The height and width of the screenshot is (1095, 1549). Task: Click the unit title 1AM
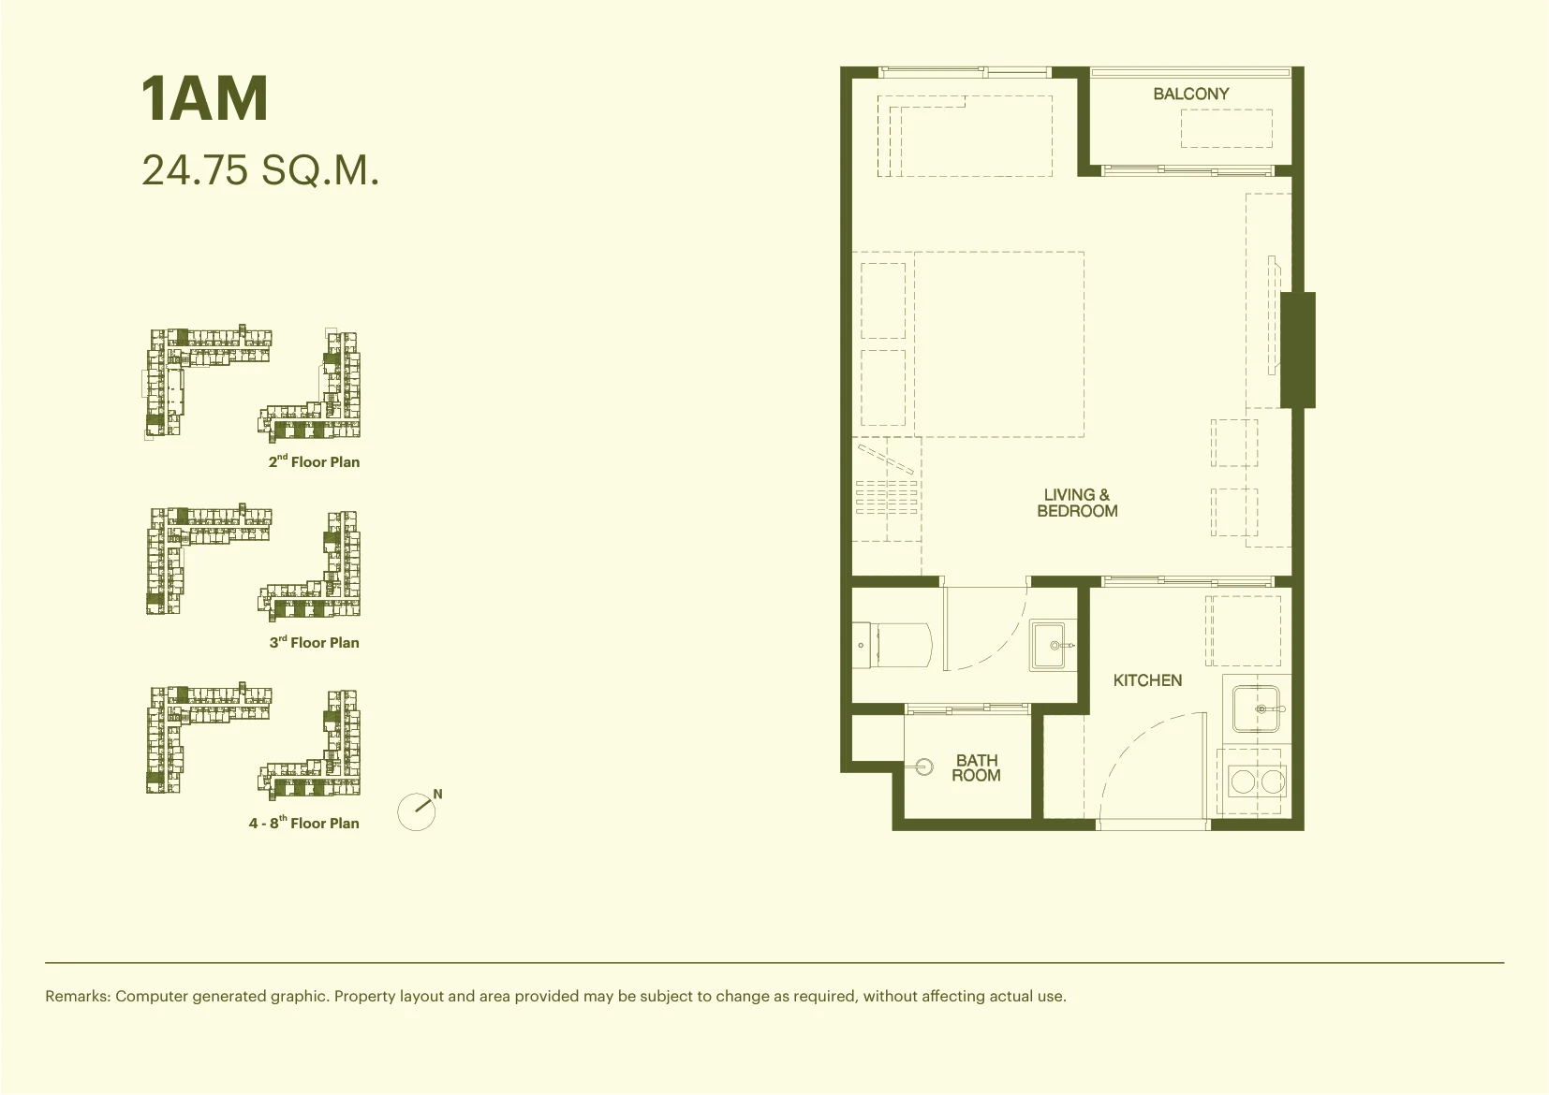(205, 99)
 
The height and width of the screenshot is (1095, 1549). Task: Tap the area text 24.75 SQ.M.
(260, 170)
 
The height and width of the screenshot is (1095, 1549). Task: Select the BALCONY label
(1191, 94)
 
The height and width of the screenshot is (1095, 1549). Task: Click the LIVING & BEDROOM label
(1077, 503)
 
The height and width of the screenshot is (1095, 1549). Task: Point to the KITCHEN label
(1147, 680)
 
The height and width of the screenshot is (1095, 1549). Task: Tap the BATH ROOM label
(977, 767)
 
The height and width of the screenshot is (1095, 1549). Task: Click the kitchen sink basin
(1256, 708)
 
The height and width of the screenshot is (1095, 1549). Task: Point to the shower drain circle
(923, 766)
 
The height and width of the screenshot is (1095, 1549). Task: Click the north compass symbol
(419, 810)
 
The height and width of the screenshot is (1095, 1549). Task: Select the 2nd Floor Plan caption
(314, 461)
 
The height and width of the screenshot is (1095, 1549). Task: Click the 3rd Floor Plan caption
(314, 642)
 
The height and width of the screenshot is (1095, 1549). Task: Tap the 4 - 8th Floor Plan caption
(303, 822)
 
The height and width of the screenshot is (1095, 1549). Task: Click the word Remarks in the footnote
(78, 996)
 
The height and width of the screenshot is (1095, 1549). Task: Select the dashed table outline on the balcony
(1226, 128)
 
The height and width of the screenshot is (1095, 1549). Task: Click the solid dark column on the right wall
(1298, 350)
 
